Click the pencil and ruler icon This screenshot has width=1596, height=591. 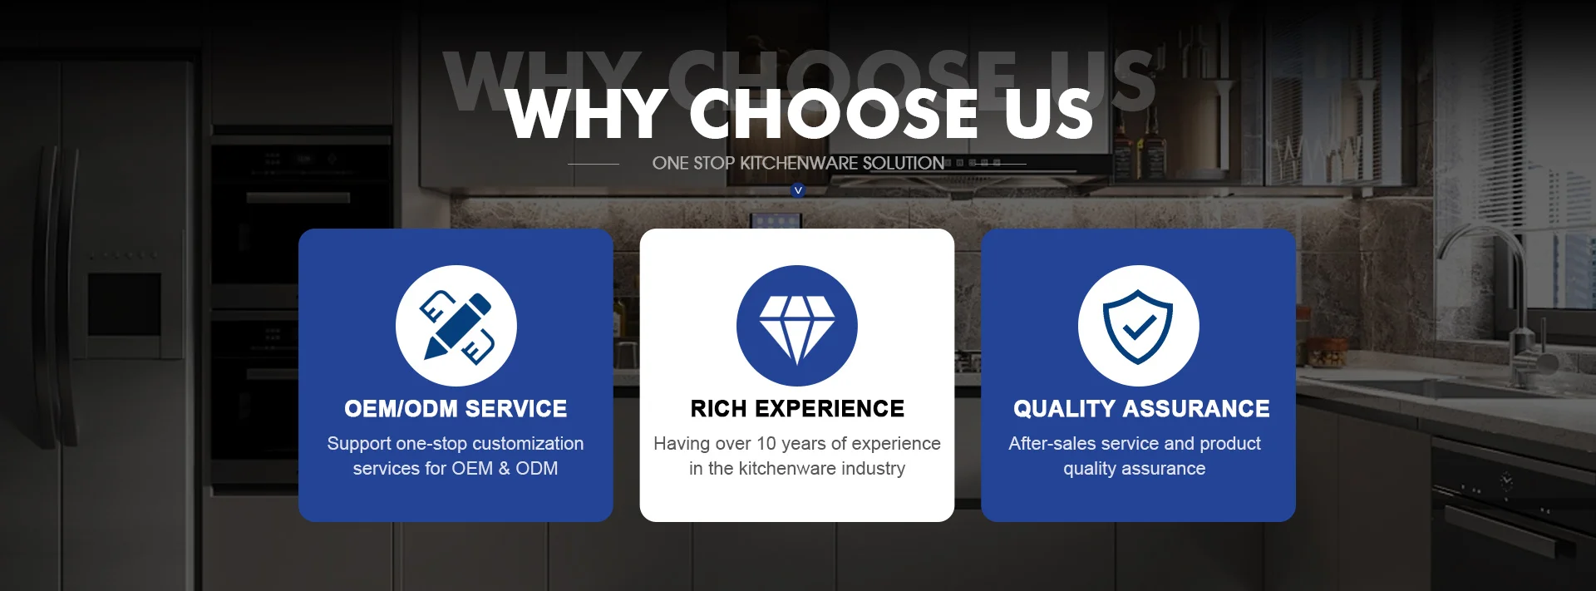pos(456,326)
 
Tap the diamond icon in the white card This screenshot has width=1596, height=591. pos(797,326)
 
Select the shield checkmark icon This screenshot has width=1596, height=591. pos(1138,326)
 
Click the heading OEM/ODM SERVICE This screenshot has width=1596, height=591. pos(456,409)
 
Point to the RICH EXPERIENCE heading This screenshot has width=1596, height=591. pos(797,409)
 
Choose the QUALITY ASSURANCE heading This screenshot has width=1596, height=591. pos(1141,409)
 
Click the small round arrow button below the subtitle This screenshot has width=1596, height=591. pos(798,190)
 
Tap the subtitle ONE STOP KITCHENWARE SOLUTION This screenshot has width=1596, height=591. pos(798,164)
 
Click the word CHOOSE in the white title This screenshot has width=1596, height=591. pos(834,114)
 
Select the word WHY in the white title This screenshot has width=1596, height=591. pos(585,114)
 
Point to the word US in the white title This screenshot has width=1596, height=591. pos(1047,114)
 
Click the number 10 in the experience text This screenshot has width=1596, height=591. pos(766,444)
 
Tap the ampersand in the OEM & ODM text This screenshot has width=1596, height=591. pos(504,469)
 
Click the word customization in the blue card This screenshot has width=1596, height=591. pos(528,444)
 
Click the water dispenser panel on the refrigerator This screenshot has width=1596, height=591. pos(125,304)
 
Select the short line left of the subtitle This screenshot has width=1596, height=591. pos(594,164)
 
